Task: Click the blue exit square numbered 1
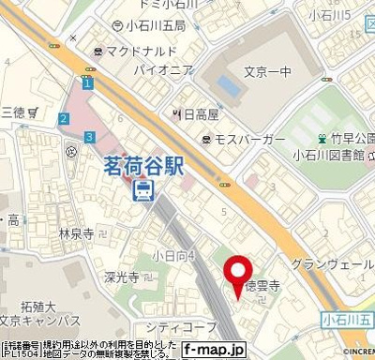87,83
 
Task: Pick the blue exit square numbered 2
63,118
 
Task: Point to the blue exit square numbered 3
89,137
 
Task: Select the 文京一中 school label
265,70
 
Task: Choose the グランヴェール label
333,265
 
